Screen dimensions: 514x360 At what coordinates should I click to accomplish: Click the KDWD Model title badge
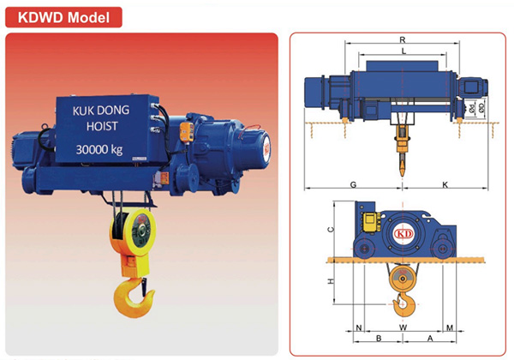pyautogui.click(x=63, y=17)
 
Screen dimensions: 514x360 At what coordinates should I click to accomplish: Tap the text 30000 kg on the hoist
pyautogui.click(x=99, y=149)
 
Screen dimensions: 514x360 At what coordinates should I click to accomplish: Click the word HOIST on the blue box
pyautogui.click(x=102, y=126)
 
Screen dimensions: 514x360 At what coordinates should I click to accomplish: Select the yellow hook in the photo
pyautogui.click(x=134, y=297)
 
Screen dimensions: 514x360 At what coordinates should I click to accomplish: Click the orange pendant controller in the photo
pyautogui.click(x=187, y=132)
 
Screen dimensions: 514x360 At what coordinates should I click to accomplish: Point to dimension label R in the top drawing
pyautogui.click(x=403, y=39)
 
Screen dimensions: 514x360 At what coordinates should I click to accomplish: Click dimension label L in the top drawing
pyautogui.click(x=403, y=51)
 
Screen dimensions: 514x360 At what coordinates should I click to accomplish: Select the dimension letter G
pyautogui.click(x=353, y=184)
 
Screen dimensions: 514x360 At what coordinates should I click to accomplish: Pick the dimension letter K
pyautogui.click(x=445, y=184)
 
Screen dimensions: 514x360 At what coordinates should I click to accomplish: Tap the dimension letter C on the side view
pyautogui.click(x=331, y=230)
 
